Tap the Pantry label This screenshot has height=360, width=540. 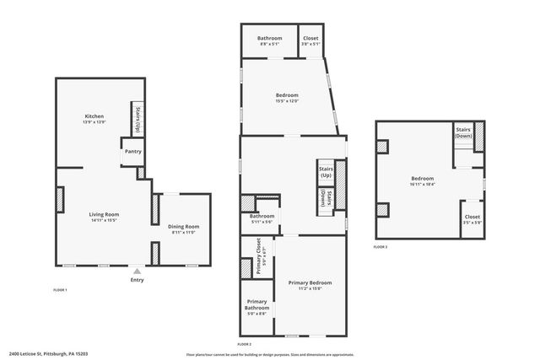pos(133,152)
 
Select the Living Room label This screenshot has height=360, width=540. pos(105,217)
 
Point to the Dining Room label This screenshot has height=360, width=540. pos(184,228)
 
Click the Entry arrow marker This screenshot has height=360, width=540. pos(137,271)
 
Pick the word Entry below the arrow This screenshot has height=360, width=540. pos(137,281)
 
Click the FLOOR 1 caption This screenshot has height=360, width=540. pos(60,290)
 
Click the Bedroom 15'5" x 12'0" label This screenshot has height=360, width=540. pos(287,98)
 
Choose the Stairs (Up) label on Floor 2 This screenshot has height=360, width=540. pos(326,172)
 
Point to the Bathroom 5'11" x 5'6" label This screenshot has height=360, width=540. pos(262,218)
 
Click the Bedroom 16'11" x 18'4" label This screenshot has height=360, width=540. pos(422,180)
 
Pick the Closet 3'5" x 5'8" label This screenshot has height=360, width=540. pos(472,220)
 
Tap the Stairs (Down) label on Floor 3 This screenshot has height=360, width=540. pos(463,133)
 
